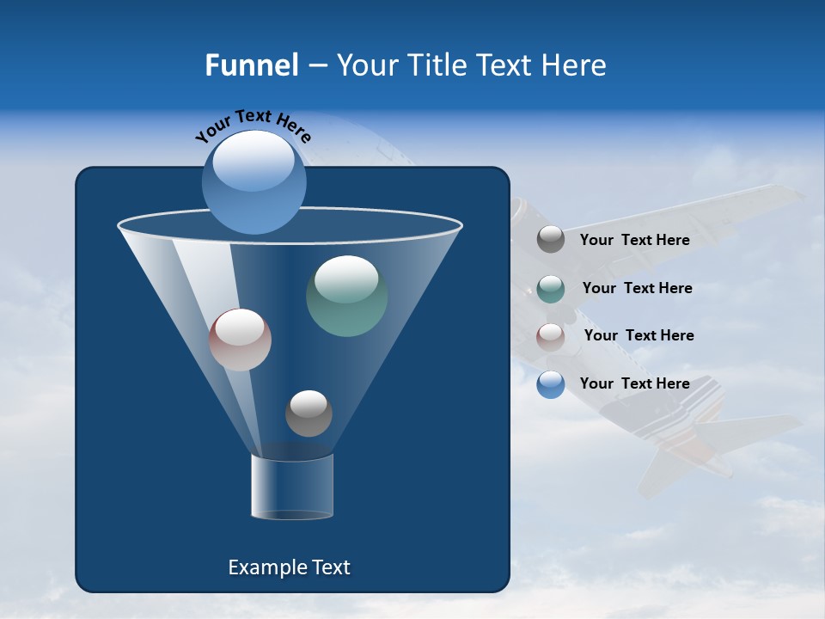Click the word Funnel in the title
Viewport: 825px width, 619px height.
[x=251, y=65]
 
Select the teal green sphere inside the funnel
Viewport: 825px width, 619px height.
[x=346, y=297]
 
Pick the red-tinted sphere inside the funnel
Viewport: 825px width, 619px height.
[x=240, y=340]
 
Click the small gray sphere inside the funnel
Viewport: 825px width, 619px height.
[x=309, y=414]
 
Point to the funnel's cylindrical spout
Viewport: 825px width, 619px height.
[x=291, y=487]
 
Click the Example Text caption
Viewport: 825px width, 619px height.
[x=289, y=567]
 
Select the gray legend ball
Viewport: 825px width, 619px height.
[x=550, y=240]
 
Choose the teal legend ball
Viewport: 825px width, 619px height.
[x=550, y=289]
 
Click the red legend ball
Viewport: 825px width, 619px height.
[x=550, y=336]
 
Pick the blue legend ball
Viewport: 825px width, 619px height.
[x=550, y=384]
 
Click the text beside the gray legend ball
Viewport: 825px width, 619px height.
[x=634, y=241]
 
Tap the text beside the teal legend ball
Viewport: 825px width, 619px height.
[x=637, y=289]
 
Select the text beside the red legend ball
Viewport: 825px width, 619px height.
[x=639, y=336]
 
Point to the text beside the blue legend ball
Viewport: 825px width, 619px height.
[x=634, y=384]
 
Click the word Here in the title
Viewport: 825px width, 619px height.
[x=576, y=65]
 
